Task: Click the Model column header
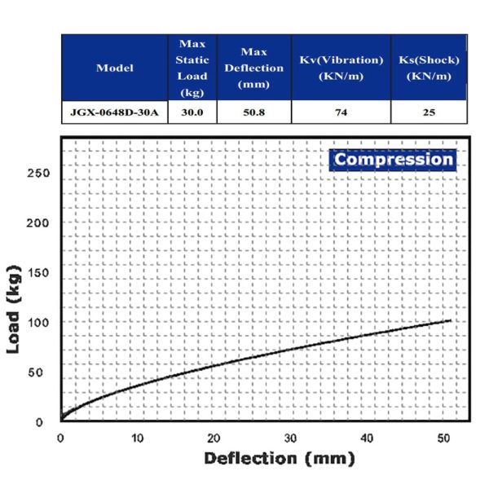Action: pyautogui.click(x=114, y=68)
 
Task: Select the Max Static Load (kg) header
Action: pyautogui.click(x=192, y=68)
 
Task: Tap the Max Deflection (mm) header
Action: pyautogui.click(x=253, y=68)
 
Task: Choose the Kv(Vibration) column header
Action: pyautogui.click(x=341, y=68)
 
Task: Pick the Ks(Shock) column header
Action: pyautogui.click(x=428, y=68)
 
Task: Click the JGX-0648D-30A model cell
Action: pyautogui.click(x=114, y=112)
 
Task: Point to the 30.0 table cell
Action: pyautogui.click(x=192, y=112)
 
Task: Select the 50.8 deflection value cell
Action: pyautogui.click(x=253, y=112)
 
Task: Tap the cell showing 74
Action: pyautogui.click(x=341, y=112)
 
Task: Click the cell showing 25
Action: pyautogui.click(x=428, y=112)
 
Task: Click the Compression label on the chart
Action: pyautogui.click(x=394, y=159)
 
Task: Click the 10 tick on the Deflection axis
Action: pyautogui.click(x=136, y=438)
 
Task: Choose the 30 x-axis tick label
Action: pyautogui.click(x=289, y=438)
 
